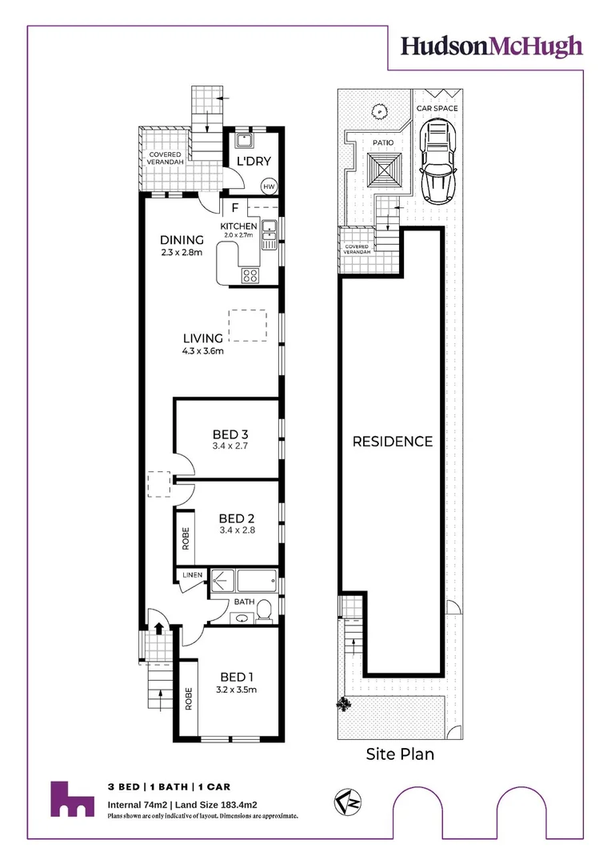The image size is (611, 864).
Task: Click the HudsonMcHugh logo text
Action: [491, 47]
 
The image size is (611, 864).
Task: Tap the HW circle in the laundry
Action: [269, 186]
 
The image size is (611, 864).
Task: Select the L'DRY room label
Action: [254, 162]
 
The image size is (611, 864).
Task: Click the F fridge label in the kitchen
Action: [235, 208]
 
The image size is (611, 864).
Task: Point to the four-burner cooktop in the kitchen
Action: [250, 275]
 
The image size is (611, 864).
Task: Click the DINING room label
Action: [182, 240]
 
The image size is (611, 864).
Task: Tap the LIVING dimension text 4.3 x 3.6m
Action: [203, 351]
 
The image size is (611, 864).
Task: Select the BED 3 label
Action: [230, 434]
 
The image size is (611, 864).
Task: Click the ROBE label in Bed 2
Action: [185, 538]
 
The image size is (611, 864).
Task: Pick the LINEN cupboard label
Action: [192, 574]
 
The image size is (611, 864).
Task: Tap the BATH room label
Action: [244, 602]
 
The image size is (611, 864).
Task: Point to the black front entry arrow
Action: [159, 628]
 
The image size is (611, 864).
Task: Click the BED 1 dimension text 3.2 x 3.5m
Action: [237, 690]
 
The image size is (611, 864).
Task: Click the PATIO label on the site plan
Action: [383, 142]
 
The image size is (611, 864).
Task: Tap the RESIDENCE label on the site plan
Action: [393, 442]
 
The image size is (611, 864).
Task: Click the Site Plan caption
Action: [400, 754]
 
